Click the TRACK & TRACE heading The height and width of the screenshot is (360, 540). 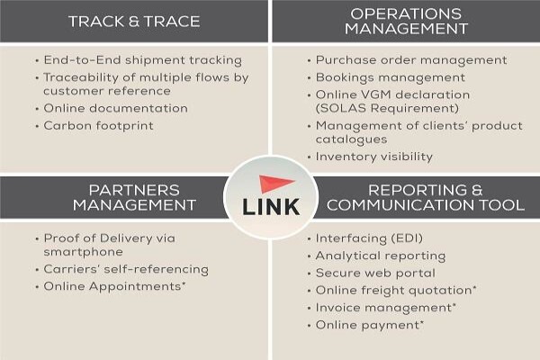tap(134, 22)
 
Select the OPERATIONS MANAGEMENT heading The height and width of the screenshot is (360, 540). tap(407, 21)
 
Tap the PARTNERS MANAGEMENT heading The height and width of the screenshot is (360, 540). tap(134, 198)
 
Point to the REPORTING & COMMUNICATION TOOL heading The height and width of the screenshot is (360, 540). tap(426, 198)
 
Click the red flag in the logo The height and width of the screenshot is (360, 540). tap(274, 184)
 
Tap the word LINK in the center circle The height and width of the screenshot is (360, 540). tap(271, 207)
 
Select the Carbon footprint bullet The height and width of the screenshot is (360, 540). tap(98, 126)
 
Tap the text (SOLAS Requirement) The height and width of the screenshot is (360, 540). tap(387, 109)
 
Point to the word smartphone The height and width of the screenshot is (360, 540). tap(84, 252)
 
